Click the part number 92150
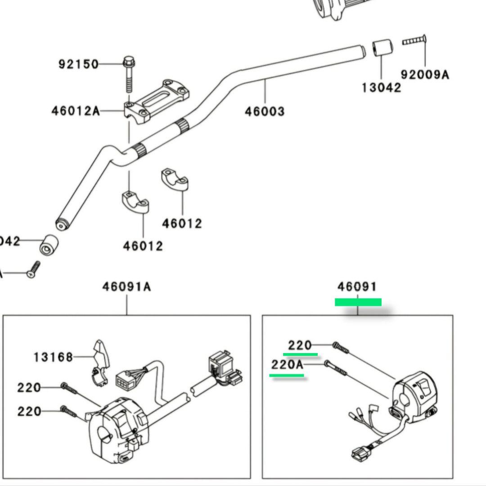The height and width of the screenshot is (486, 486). [78, 64]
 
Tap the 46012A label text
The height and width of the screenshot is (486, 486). [76, 110]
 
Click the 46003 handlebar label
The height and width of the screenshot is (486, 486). [265, 111]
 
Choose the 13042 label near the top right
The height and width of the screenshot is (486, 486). [381, 87]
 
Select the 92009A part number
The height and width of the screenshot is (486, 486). [425, 74]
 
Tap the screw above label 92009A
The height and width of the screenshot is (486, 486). [414, 41]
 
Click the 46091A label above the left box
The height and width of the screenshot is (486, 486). [126, 286]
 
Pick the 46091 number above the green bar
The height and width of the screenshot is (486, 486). [357, 286]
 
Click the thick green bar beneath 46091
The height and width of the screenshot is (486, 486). [358, 302]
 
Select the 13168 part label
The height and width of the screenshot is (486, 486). [53, 357]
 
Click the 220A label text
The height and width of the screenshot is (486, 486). [287, 364]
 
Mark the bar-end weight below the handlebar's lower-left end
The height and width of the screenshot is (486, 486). [48, 245]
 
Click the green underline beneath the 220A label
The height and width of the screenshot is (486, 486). [287, 375]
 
